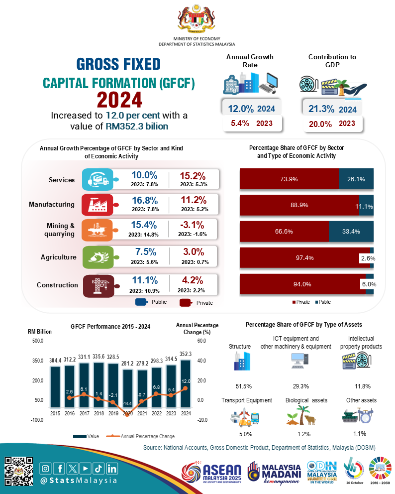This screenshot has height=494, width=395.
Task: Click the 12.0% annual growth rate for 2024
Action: [x=241, y=109]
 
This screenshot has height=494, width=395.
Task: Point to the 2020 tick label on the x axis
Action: [x=127, y=412]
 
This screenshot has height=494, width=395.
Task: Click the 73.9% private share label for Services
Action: [x=289, y=179]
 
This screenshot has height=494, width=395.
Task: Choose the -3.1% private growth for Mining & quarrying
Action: [x=194, y=225]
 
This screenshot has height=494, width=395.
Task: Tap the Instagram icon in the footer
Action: [x=46, y=468]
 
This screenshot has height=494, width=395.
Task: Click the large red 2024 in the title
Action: [x=119, y=100]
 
